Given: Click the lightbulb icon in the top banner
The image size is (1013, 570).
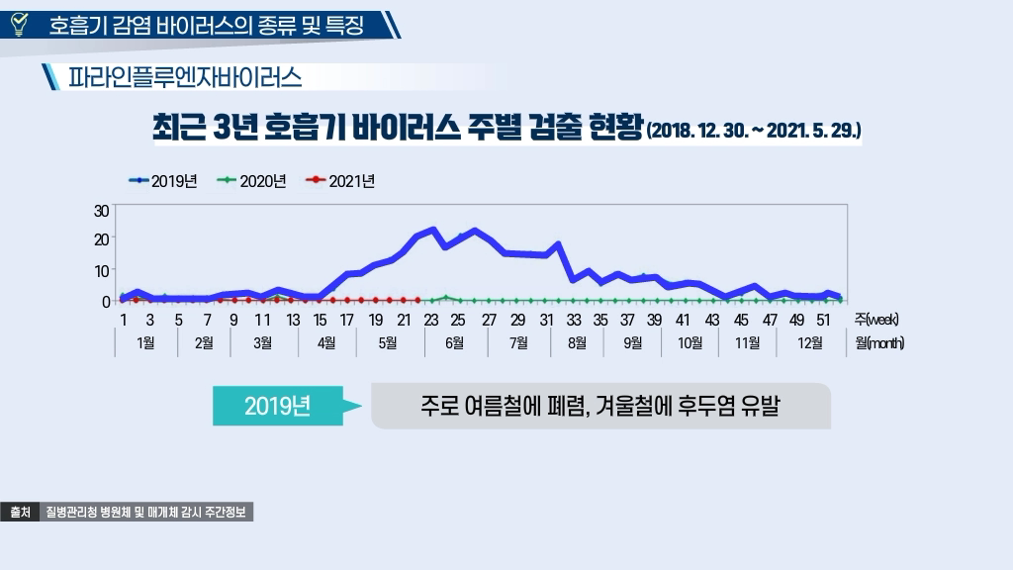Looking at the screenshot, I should [x=18, y=23].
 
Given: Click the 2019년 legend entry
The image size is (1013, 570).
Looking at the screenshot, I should [x=164, y=181].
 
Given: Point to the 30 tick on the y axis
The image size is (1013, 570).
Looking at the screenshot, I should [x=102, y=210].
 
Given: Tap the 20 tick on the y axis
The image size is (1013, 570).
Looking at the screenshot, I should [x=102, y=239].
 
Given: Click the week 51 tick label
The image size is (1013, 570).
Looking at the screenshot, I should [x=823, y=320].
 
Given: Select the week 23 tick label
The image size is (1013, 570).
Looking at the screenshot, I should [x=431, y=320].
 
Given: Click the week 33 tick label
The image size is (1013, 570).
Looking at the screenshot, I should [x=574, y=320].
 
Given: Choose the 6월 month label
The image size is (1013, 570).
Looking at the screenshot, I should [x=455, y=343].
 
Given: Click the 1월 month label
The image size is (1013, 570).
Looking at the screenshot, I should [x=148, y=343].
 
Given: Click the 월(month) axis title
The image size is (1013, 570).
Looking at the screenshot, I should [x=879, y=343].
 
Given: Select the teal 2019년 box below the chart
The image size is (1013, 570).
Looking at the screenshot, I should [x=277, y=406].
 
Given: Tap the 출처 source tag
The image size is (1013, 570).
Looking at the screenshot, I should [x=20, y=513].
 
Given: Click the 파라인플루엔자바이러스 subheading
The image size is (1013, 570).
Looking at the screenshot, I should [x=184, y=76].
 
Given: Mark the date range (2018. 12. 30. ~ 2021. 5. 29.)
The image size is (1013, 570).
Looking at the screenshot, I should [x=754, y=130].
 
